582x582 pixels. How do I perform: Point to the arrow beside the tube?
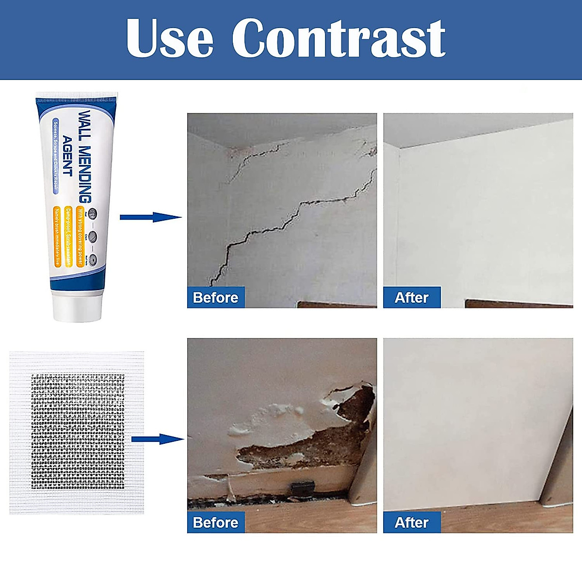[150, 217]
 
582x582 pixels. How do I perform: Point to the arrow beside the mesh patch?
[158, 439]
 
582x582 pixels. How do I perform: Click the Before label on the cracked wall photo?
[216, 297]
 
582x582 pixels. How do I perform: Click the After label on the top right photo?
[412, 297]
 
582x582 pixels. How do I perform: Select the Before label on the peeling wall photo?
[216, 522]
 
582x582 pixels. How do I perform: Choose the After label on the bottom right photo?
[412, 522]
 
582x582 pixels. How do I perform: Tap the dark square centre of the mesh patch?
[78, 432]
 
